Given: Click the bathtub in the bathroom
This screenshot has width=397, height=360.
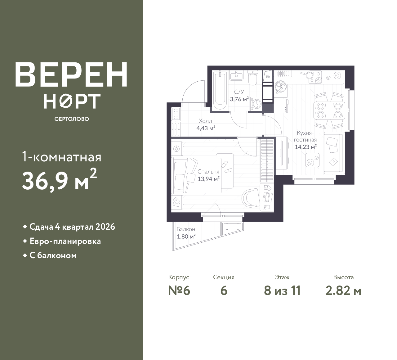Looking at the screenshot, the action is [220, 91].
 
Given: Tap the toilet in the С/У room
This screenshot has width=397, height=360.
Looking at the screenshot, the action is [253, 78].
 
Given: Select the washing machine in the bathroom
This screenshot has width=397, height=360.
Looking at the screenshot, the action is [256, 103].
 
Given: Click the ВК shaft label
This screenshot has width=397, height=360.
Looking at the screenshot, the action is [268, 77].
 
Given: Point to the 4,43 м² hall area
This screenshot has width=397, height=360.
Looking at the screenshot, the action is [206, 128].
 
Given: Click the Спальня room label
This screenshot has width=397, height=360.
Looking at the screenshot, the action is [208, 172].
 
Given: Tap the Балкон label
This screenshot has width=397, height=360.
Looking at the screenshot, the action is [186, 229].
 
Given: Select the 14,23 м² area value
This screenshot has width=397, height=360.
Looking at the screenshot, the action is [306, 147].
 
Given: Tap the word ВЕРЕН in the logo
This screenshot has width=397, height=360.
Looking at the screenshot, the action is [71, 74].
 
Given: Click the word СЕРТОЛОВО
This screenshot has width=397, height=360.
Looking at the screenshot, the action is [72, 119].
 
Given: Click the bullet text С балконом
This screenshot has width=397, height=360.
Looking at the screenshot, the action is [53, 256].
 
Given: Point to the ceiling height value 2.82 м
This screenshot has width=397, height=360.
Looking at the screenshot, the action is [343, 291].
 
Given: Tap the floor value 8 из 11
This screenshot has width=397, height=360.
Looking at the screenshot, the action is [282, 291].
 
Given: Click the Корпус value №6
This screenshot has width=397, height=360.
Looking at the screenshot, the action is [179, 291].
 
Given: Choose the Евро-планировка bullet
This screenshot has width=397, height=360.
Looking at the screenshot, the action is [65, 241].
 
